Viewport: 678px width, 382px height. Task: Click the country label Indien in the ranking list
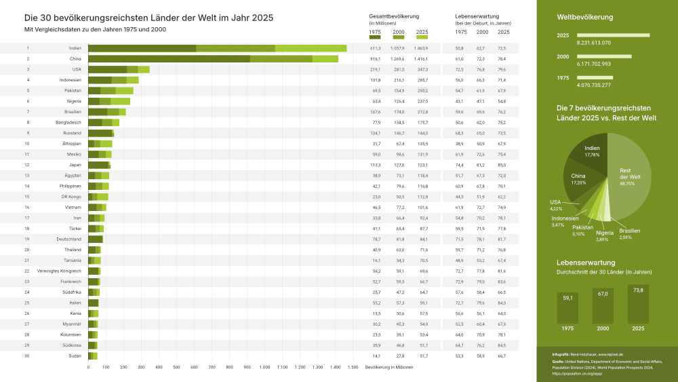75,48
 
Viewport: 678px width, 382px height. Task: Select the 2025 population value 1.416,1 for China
422,59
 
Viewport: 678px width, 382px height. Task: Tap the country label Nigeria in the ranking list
74,101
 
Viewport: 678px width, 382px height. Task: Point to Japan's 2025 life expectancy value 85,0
502,165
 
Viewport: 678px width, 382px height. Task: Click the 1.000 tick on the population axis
264,367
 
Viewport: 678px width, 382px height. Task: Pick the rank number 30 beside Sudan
28,356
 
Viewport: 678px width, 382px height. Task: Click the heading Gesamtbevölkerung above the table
394,16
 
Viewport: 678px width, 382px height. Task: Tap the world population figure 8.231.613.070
584,42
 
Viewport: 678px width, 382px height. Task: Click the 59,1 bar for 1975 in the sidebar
568,309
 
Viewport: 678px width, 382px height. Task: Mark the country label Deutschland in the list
68,240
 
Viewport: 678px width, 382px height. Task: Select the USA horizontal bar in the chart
119,69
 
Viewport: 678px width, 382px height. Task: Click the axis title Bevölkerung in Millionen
388,367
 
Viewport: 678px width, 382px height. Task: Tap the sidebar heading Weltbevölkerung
584,16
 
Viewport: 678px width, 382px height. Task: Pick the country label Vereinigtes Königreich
59,271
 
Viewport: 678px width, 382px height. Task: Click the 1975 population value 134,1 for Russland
375,133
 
